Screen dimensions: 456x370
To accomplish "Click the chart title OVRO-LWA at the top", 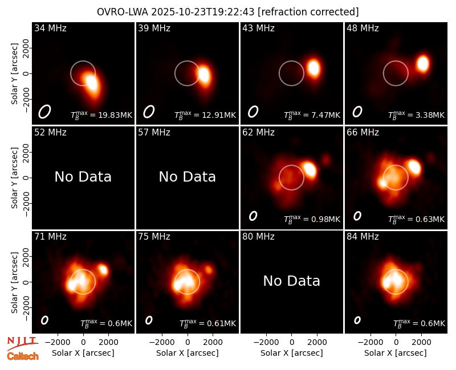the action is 123,12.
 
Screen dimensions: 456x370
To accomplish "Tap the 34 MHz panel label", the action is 50,28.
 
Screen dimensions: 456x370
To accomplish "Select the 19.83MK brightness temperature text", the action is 115,115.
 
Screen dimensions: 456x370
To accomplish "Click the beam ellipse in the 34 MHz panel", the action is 44,112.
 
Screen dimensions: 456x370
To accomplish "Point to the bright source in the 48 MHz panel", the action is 422,64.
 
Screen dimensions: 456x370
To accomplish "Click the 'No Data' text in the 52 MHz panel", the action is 83,176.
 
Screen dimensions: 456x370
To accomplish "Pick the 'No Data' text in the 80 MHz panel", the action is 291,281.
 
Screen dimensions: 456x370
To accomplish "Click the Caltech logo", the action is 23,356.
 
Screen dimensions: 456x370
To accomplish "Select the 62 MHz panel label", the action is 258,133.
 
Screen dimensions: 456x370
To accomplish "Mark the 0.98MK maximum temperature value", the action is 325,219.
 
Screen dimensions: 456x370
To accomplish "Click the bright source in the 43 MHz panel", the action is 314,68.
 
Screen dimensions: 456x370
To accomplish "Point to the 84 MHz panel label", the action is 363,237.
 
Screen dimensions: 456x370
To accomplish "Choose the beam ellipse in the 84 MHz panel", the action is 357,320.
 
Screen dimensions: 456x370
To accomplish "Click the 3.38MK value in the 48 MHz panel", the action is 430,115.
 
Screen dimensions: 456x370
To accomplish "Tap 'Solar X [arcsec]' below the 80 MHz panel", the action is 291,353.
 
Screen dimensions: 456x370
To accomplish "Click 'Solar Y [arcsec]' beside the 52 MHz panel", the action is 14,178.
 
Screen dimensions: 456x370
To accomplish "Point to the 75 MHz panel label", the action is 154,237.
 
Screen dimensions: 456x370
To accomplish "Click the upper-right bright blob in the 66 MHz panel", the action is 414,167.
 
